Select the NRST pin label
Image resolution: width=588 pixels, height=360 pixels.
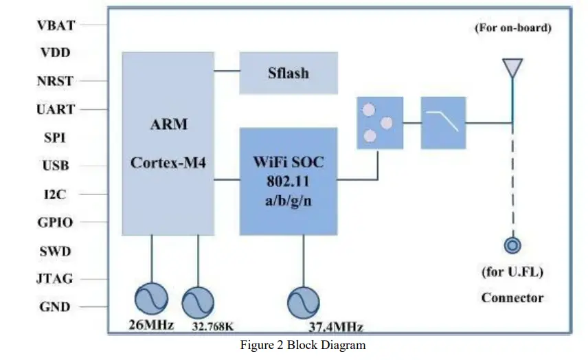pos(55,82)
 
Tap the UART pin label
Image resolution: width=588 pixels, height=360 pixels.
pos(56,110)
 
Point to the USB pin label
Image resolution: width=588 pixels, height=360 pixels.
pos(56,166)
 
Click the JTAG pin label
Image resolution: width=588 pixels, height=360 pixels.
pos(55,279)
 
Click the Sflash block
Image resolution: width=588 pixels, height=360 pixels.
pos(288,72)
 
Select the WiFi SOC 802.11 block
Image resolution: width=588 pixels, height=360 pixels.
pos(288,181)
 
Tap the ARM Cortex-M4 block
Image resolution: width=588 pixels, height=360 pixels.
pos(168,144)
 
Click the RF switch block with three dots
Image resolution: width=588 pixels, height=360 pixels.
pos(379,123)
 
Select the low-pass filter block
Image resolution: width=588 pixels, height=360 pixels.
pos(443,123)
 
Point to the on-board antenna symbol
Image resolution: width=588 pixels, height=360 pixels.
pos(512,69)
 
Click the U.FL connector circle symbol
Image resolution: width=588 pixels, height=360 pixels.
pos(512,245)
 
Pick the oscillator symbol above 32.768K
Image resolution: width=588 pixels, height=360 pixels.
pos(198,302)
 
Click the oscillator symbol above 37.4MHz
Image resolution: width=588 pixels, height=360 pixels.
pos(303,302)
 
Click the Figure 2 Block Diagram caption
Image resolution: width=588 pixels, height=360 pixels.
pos(302,345)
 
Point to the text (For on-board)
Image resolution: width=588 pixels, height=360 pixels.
pos(512,28)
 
